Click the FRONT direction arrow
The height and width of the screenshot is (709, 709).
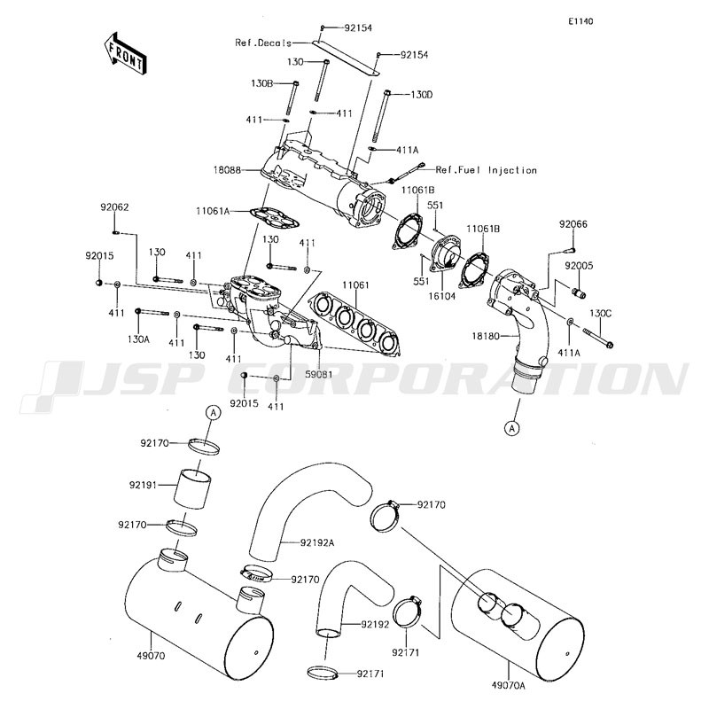(x=123, y=53)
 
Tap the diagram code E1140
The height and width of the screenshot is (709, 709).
(x=581, y=21)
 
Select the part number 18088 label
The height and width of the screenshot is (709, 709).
(x=228, y=170)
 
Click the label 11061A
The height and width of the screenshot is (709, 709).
(x=213, y=211)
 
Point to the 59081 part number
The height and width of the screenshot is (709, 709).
(x=318, y=374)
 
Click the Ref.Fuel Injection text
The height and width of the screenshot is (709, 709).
(x=486, y=170)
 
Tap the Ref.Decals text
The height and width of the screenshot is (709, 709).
(x=263, y=43)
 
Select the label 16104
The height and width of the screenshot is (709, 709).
(x=442, y=296)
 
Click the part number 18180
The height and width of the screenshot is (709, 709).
(x=486, y=336)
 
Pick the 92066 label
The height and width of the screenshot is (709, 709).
(x=573, y=224)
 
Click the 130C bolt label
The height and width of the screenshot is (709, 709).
(x=600, y=313)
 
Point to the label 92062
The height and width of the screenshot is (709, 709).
(x=114, y=207)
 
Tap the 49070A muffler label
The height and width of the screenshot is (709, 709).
(x=508, y=686)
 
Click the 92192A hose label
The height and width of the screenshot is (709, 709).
(x=317, y=542)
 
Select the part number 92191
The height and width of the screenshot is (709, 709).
(x=143, y=485)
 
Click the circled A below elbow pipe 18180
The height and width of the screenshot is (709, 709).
(x=512, y=428)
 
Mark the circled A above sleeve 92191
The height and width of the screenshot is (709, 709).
(x=214, y=412)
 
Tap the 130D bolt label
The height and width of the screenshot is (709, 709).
(x=422, y=95)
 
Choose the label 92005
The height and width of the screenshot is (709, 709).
(x=579, y=266)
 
